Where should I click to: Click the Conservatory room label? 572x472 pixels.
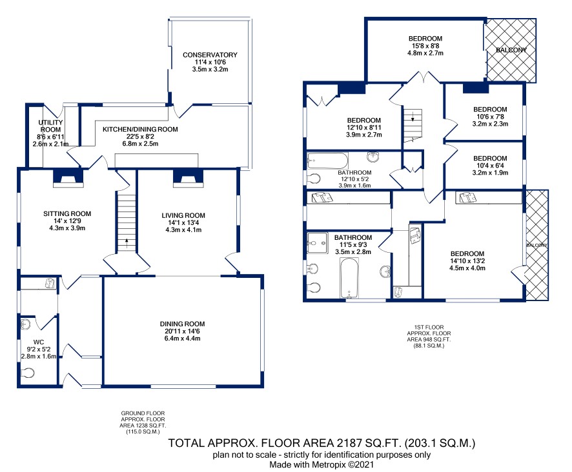210,55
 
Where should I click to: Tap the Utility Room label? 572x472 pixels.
51,126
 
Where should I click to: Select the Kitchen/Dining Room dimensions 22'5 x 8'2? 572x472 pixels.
140,136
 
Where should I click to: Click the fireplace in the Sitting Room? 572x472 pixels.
68,178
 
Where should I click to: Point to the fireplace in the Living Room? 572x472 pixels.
188,178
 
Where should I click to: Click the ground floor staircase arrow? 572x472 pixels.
127,243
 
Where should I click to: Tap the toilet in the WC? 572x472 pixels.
28,373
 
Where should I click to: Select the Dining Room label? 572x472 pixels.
182,324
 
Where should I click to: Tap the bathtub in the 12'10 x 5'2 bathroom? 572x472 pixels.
327,161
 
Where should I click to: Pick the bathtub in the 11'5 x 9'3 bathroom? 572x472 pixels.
349,278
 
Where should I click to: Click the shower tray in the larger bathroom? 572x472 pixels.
318,242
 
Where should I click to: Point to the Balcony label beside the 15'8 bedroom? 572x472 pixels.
511,50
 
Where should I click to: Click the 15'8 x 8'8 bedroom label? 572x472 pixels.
425,38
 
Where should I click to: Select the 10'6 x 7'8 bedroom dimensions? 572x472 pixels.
490,117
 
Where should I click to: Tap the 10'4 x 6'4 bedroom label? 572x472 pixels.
490,158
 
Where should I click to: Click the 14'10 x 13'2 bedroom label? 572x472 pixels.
467,253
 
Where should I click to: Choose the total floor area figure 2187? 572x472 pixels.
349,443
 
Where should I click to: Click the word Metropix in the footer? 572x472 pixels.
327,465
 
